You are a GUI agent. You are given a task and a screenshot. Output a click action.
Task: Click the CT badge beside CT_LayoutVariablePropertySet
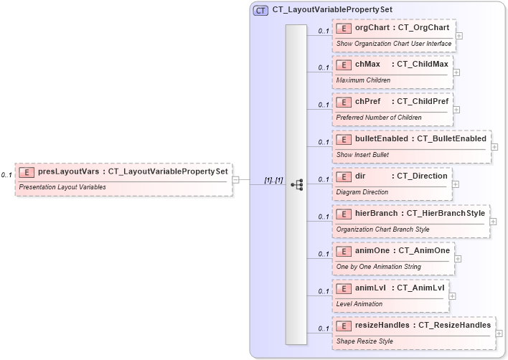(x=261, y=10)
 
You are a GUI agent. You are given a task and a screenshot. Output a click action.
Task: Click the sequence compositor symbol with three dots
(x=296, y=184)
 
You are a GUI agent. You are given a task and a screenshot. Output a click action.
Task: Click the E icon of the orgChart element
(x=344, y=28)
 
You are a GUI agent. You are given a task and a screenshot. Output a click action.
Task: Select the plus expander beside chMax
(x=456, y=72)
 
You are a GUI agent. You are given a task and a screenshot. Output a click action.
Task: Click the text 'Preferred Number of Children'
(x=379, y=118)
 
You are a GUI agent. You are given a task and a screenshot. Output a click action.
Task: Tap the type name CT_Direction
(x=423, y=176)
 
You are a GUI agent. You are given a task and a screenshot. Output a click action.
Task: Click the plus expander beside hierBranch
(x=493, y=221)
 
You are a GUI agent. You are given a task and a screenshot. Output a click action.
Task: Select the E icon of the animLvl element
(x=344, y=289)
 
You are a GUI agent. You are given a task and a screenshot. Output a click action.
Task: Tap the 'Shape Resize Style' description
(x=364, y=341)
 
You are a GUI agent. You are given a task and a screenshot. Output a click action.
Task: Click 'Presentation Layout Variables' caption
(x=62, y=186)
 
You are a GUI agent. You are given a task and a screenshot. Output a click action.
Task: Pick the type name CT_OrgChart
(x=423, y=28)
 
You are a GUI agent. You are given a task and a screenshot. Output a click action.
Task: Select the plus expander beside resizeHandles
(x=499, y=333)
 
